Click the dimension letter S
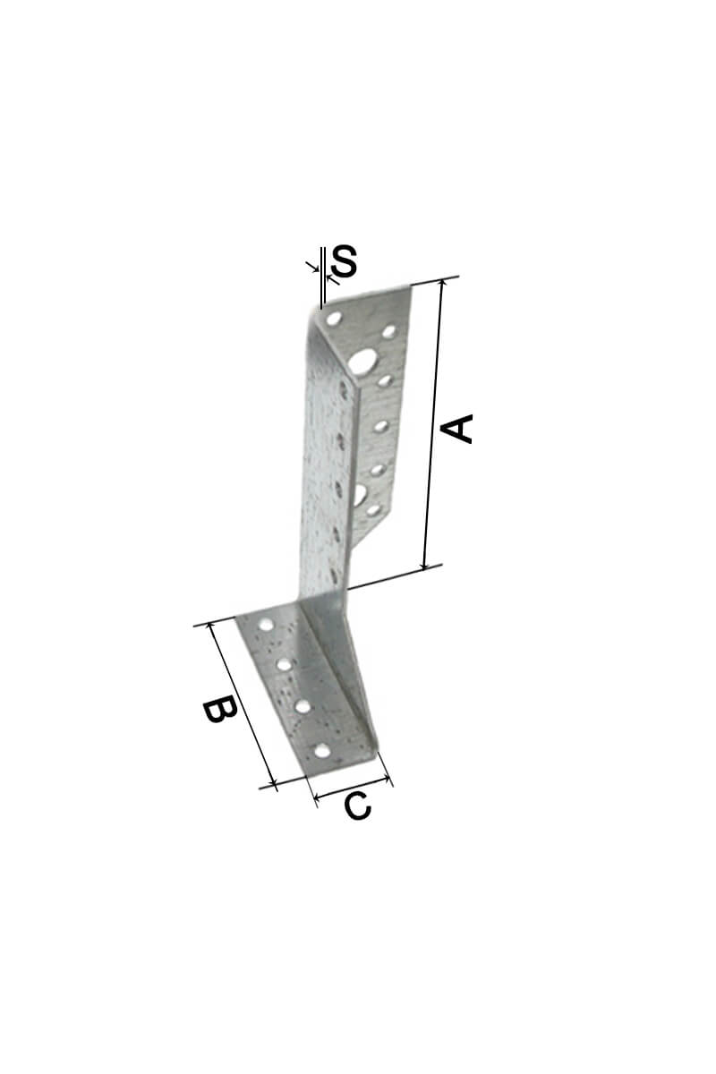coord(344,260)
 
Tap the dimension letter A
coord(456,429)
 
